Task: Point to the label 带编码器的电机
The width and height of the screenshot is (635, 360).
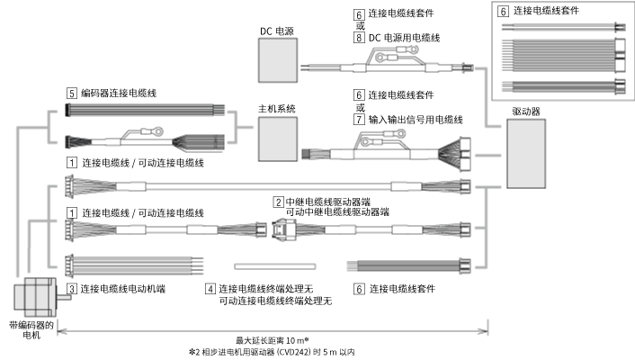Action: point(32,332)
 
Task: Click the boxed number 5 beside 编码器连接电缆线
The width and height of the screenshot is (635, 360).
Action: point(71,93)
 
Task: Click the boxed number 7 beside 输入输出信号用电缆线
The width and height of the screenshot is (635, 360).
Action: point(359,119)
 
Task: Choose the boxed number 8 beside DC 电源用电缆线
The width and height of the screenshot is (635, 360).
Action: point(359,38)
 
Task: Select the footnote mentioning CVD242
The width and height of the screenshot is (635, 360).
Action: point(271,353)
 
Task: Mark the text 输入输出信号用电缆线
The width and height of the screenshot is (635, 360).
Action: point(415,119)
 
